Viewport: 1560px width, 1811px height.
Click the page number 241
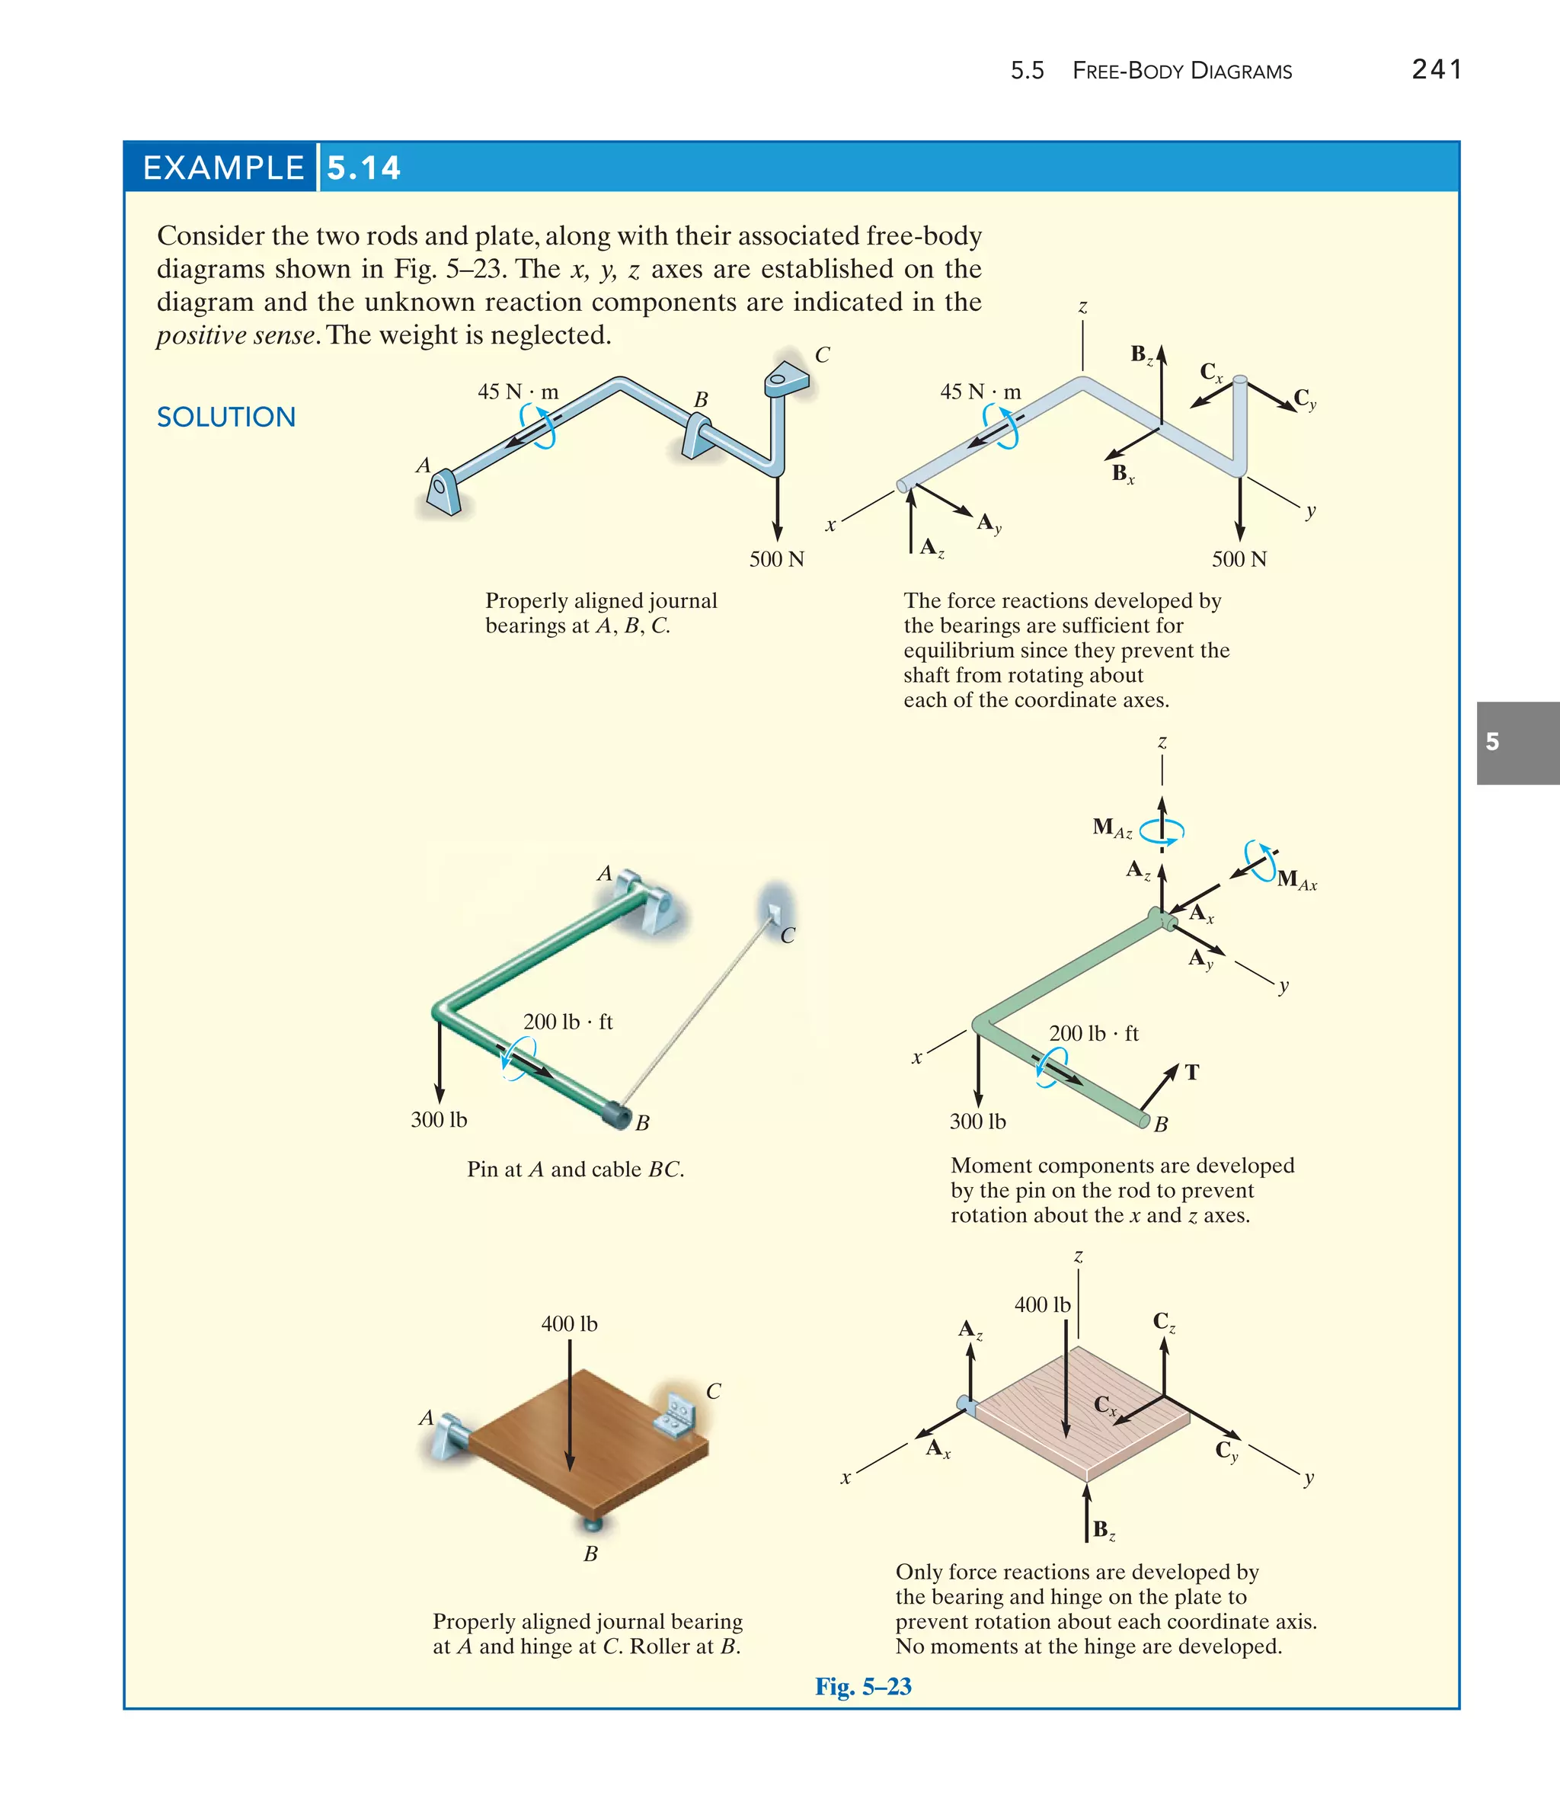(x=1436, y=69)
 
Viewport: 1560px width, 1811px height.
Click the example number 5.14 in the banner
(x=363, y=167)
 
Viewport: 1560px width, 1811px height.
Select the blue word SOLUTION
(x=225, y=417)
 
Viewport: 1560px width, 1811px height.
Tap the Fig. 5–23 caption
(x=862, y=1686)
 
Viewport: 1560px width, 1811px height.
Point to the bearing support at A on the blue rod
(x=443, y=492)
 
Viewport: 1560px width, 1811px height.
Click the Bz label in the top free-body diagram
(x=1141, y=354)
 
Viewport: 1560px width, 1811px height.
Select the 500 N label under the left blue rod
(x=776, y=559)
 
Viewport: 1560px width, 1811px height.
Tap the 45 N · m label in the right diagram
(x=980, y=392)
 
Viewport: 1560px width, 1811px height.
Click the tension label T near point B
(x=1191, y=1073)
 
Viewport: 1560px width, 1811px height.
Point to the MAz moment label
(x=1111, y=827)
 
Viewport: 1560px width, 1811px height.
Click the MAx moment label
(x=1296, y=879)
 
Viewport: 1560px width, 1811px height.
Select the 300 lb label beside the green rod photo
(x=439, y=1120)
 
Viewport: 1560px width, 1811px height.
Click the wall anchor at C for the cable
(x=772, y=913)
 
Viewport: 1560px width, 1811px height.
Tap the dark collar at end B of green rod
(x=618, y=1116)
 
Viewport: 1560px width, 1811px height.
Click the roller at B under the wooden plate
(x=592, y=1525)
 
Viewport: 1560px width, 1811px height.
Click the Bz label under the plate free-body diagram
(x=1104, y=1531)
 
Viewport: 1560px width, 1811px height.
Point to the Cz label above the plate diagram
(x=1163, y=1322)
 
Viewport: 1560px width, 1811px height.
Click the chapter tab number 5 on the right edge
(x=1493, y=742)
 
